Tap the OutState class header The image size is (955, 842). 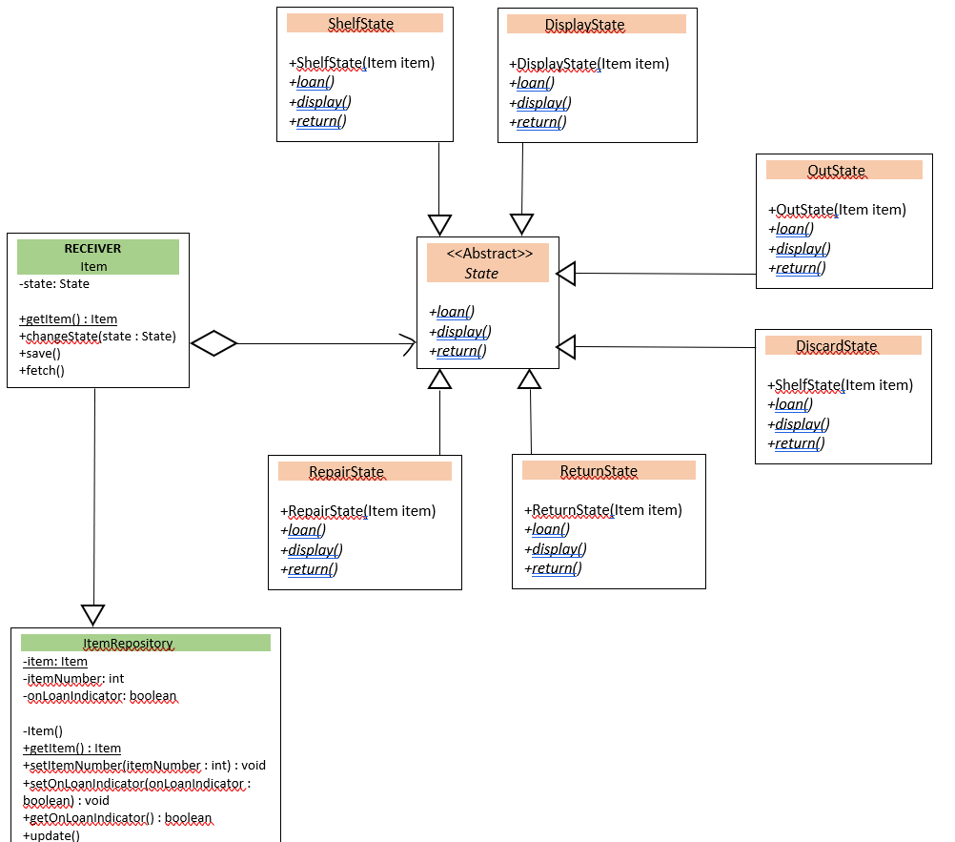tap(836, 171)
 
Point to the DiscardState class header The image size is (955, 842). tap(836, 346)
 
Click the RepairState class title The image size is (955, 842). tap(346, 472)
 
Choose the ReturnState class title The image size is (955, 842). tap(599, 471)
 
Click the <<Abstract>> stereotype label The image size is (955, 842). tap(489, 254)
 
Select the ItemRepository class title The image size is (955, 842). tap(128, 644)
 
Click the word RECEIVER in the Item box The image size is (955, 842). tap(92, 248)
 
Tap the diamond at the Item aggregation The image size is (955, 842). tap(213, 343)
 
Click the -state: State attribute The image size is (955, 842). tap(54, 283)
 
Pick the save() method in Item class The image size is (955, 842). tap(40, 353)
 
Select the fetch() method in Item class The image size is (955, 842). tap(42, 370)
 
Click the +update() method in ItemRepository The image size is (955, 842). tap(51, 835)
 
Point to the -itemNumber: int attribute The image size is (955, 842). tap(73, 679)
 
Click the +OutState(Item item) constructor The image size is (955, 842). tap(836, 210)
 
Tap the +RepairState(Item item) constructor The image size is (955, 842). tap(357, 511)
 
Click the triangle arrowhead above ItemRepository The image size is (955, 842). tap(92, 615)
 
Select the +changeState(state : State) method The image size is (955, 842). tap(97, 336)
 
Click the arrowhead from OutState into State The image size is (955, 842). tap(566, 275)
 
